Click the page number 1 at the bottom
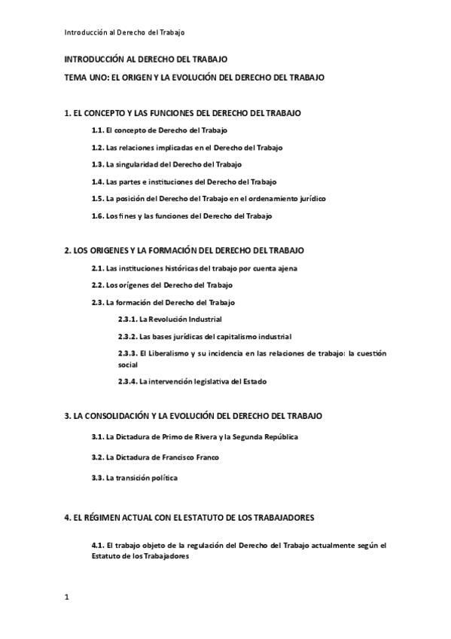tap(67, 598)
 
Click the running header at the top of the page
tap(124, 32)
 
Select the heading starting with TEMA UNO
tap(195, 77)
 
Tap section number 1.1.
tap(97, 130)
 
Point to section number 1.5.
tap(97, 199)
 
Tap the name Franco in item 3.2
tap(206, 457)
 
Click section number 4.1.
tap(97, 544)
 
